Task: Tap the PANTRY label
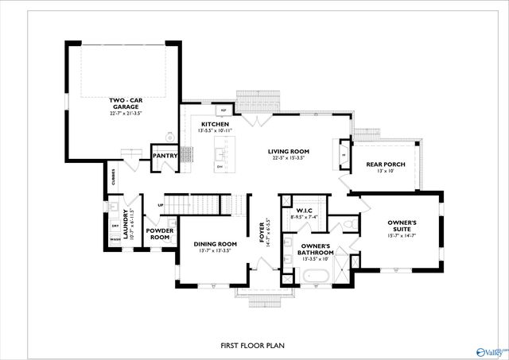pos(165,157)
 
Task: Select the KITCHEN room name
pos(215,125)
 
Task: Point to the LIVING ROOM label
pos(288,151)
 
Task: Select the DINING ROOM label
pos(216,244)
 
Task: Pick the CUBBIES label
pos(113,180)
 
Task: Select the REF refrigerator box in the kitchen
pos(224,110)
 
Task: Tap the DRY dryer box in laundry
pos(115,225)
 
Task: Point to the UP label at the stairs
pos(161,205)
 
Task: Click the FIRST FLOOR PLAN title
pos(252,346)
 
